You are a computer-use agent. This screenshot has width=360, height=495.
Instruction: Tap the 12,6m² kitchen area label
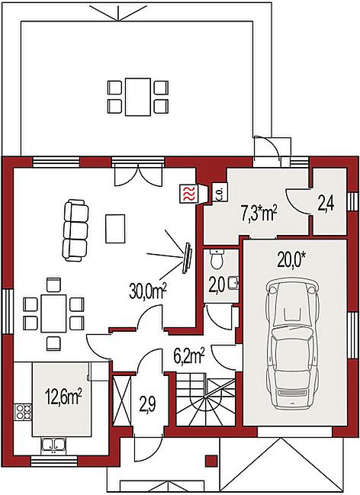tap(64, 396)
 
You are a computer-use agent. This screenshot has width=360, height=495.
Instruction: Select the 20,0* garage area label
tap(291, 261)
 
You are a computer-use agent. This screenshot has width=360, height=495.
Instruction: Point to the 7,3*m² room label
tap(259, 214)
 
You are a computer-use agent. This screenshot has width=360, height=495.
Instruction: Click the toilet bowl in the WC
tap(217, 259)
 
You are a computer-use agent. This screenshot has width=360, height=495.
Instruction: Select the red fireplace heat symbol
tap(188, 194)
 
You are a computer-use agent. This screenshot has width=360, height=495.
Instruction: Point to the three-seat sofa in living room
tap(76, 230)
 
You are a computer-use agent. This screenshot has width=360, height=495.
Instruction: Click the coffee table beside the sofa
tap(115, 228)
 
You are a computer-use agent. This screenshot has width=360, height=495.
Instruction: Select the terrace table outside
tap(137, 97)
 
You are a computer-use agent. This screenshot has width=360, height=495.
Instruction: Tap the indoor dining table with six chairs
tap(53, 313)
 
